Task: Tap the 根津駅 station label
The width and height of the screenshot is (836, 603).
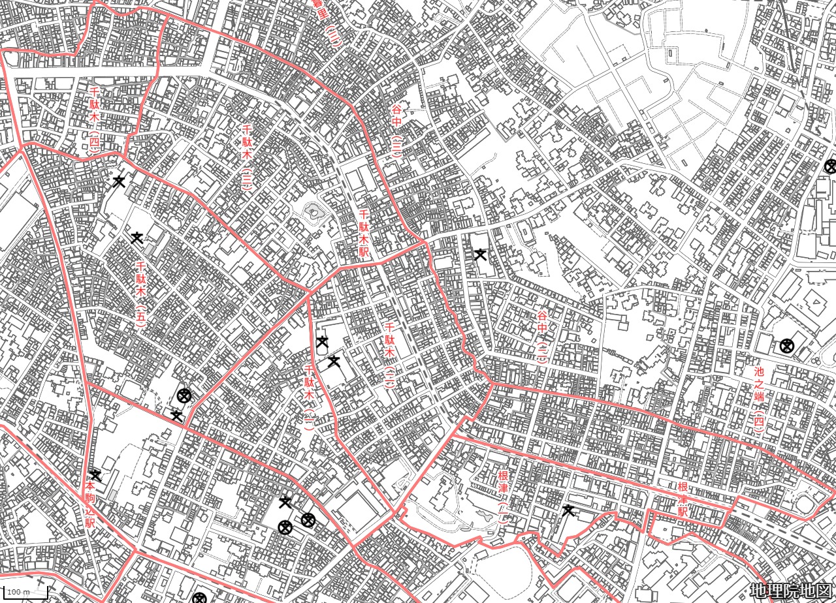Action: pyautogui.click(x=682, y=500)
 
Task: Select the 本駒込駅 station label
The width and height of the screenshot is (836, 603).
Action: pyautogui.click(x=90, y=504)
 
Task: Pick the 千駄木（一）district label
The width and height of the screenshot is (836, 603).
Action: pyautogui.click(x=310, y=396)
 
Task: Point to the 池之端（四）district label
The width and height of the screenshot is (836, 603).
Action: pyautogui.click(x=758, y=398)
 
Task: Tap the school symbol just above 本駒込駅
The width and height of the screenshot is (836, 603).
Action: pyautogui.click(x=95, y=474)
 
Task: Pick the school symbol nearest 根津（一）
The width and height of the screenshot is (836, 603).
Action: pyautogui.click(x=568, y=510)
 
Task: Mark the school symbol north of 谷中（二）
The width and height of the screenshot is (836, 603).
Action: pyautogui.click(x=480, y=255)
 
